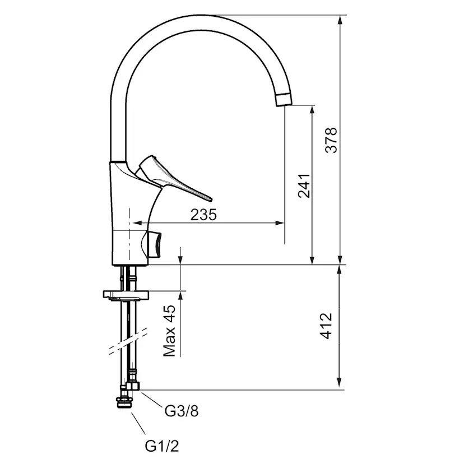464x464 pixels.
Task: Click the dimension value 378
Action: (x=332, y=140)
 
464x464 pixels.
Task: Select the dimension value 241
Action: (x=304, y=185)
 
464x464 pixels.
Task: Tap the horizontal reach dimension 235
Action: (x=203, y=214)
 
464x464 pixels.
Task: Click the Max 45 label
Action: (x=170, y=331)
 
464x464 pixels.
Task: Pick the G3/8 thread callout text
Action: (x=181, y=411)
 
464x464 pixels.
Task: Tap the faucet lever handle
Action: (x=174, y=179)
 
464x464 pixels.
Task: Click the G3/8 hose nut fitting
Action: (x=134, y=387)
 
